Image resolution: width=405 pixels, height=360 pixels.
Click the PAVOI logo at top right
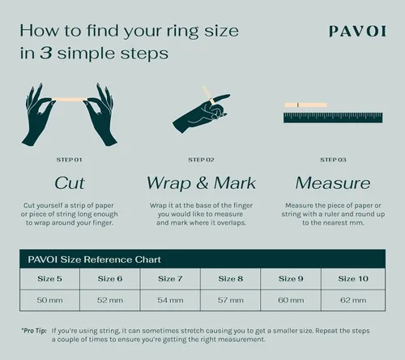tap(357, 32)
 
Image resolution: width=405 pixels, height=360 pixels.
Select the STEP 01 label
tap(69, 160)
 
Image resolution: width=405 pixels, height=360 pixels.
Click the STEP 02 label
tap(201, 160)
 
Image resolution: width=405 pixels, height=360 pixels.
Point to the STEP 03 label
tap(333, 160)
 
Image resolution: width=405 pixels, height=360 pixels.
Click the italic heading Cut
tap(69, 182)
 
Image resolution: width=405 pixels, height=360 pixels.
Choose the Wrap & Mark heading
tap(201, 182)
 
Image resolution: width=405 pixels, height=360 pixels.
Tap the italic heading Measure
tap(332, 182)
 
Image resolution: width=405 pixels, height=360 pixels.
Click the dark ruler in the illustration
tap(332, 117)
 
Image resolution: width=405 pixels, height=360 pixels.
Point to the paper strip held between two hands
tap(69, 100)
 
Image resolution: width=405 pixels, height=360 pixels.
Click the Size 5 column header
tap(50, 279)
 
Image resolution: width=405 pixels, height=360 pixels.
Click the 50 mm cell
tap(50, 300)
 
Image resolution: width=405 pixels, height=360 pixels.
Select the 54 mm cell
tap(171, 300)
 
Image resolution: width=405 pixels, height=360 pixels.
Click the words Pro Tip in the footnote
tap(34, 331)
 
